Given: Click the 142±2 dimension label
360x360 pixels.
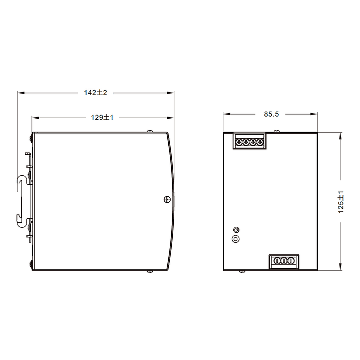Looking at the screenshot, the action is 96,93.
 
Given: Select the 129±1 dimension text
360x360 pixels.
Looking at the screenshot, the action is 102,118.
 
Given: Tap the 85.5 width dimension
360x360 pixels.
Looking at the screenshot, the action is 271,114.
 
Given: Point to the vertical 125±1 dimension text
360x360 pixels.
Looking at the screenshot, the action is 341,202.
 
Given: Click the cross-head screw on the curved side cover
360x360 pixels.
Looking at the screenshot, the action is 167,199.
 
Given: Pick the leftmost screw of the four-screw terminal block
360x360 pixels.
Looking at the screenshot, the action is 239,142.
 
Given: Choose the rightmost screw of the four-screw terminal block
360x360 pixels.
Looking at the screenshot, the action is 260,142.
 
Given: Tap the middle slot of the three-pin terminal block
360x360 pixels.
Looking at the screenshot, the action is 284,261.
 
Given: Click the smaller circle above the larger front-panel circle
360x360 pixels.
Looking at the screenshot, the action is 236,230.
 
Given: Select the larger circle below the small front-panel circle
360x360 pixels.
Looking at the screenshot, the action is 235,239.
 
